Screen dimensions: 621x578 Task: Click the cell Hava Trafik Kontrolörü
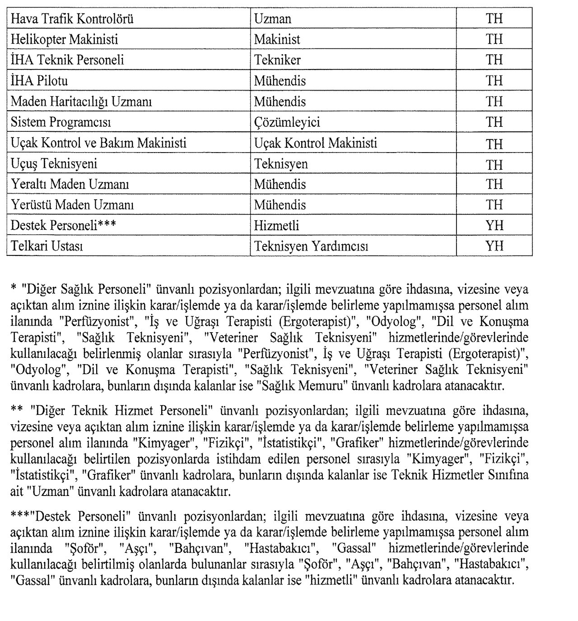pyautogui.click(x=72, y=19)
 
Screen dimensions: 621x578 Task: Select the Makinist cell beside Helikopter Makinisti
pyautogui.click(x=277, y=40)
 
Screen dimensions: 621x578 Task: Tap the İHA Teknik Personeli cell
pyautogui.click(x=67, y=60)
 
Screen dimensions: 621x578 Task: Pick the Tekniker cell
pyautogui.click(x=277, y=60)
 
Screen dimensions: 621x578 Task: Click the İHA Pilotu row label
pyautogui.click(x=39, y=81)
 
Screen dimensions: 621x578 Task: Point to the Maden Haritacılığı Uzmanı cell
pyautogui.click(x=81, y=102)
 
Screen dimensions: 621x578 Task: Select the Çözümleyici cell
pyautogui.click(x=287, y=122)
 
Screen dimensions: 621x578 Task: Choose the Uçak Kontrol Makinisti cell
pyautogui.click(x=316, y=144)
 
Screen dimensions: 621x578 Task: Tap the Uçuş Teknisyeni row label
pyautogui.click(x=54, y=164)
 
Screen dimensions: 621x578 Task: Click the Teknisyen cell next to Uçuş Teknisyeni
pyautogui.click(x=281, y=164)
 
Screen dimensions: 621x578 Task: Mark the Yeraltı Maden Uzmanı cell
pyautogui.click(x=70, y=185)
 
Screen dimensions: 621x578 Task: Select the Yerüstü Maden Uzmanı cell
pyautogui.click(x=72, y=205)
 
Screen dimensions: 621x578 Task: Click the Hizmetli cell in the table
pyautogui.click(x=276, y=226)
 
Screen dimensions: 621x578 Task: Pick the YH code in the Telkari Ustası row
pyautogui.click(x=494, y=246)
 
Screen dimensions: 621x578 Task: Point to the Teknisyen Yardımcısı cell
pyautogui.click(x=311, y=247)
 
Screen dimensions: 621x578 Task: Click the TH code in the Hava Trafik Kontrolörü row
pyautogui.click(x=494, y=19)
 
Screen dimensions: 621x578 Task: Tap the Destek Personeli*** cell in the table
pyautogui.click(x=64, y=226)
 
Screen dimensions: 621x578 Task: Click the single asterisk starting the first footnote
pyautogui.click(x=13, y=287)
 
